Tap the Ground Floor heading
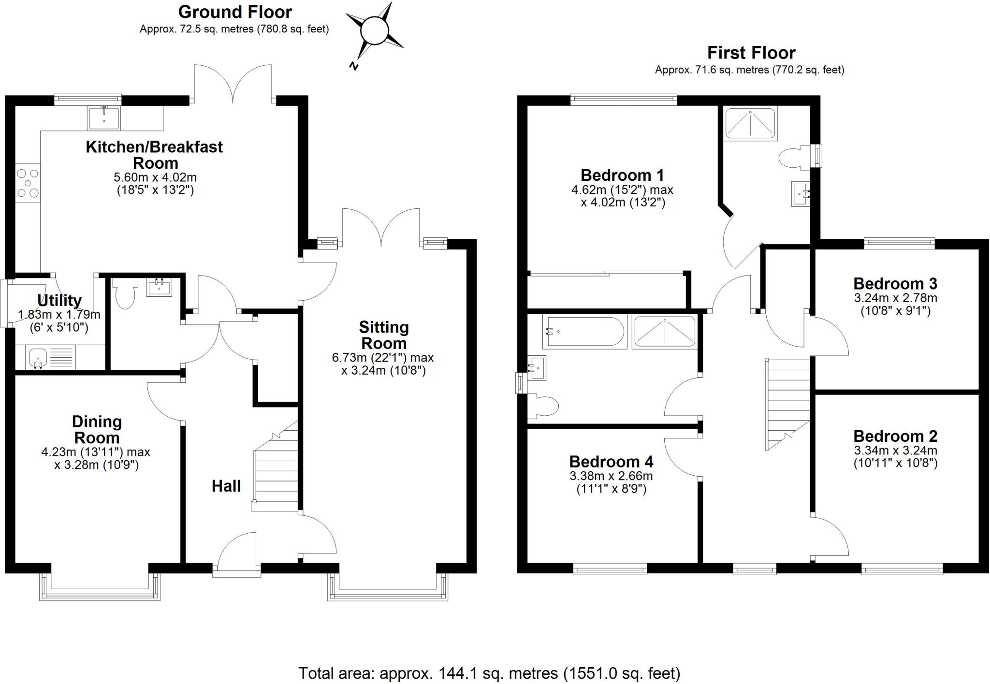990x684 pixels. coord(235,12)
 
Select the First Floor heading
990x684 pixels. coord(751,52)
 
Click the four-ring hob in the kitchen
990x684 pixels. coord(28,183)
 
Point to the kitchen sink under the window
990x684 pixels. coord(104,117)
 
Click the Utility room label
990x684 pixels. coord(59,301)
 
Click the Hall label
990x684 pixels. coord(226,486)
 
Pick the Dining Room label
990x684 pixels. coord(97,429)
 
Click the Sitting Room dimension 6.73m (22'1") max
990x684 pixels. coord(383,358)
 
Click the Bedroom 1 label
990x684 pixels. coord(622,175)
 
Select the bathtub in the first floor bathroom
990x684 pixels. coord(584,332)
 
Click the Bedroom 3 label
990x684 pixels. coord(895,283)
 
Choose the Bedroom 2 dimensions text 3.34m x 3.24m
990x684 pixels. coord(895,451)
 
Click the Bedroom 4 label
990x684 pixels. coord(611,462)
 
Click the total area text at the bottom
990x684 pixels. coord(489,673)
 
